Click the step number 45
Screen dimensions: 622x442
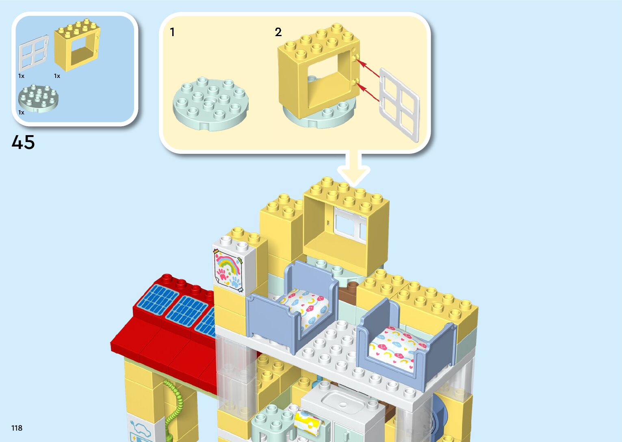(23, 142)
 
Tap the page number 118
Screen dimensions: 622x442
(17, 428)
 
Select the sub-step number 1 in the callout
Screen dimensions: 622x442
(172, 32)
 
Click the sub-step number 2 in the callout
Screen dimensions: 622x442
(278, 32)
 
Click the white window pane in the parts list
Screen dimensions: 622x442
(33, 53)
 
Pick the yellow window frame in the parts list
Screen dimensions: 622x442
(77, 45)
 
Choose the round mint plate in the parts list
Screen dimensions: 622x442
(38, 98)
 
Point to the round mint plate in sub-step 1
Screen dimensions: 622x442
(210, 103)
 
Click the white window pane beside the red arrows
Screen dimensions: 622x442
(399, 105)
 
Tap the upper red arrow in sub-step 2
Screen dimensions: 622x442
(369, 68)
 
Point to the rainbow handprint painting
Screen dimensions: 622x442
(228, 270)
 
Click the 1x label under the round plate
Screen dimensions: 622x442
(21, 112)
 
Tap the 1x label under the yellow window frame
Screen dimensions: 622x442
(57, 76)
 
